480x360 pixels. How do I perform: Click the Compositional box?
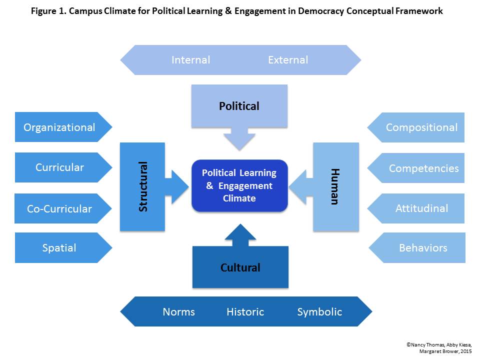pos(421,127)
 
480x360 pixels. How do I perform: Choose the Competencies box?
pos(423,168)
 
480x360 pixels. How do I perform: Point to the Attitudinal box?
pos(421,208)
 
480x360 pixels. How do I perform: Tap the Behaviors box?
pos(422,247)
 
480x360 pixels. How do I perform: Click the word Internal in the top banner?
pos(190,60)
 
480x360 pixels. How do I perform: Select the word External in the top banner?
pos(288,60)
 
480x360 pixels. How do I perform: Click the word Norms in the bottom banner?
pos(178,312)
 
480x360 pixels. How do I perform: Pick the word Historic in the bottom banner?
pos(245,312)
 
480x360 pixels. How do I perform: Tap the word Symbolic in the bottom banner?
pos(319,312)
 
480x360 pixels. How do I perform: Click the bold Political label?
pos(239,106)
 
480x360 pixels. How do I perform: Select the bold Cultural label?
pos(240,267)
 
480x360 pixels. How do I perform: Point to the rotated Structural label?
pos(143,186)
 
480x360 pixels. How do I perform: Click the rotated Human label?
pos(334,186)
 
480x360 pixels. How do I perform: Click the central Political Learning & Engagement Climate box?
pos(239,185)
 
